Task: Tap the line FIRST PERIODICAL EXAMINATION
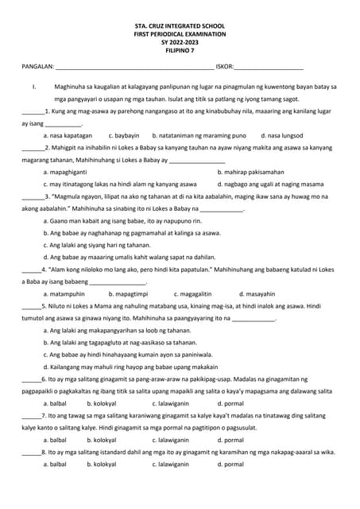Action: tap(180, 35)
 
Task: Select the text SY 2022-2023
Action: tap(180, 43)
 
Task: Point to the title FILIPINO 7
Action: tap(180, 51)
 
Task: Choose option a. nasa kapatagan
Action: tap(68, 136)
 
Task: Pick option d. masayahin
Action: tap(257, 293)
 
